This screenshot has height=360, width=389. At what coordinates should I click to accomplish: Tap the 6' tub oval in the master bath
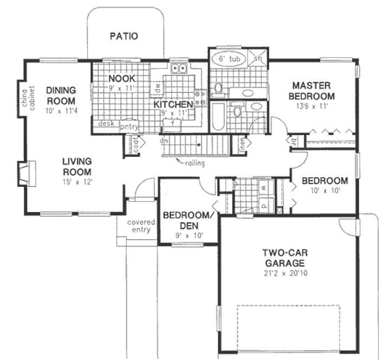[x=228, y=58]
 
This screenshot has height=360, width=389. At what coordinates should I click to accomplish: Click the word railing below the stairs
[x=192, y=163]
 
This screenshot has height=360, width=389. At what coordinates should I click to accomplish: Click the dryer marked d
[x=263, y=205]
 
